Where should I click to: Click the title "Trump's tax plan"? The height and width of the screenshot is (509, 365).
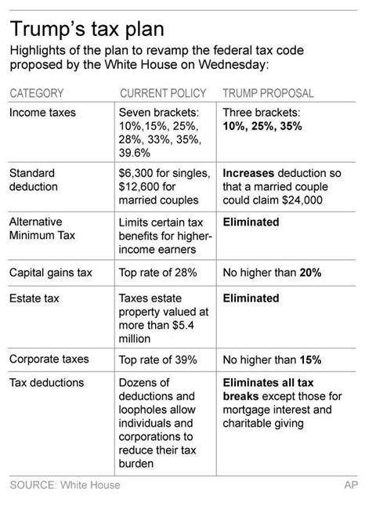click(x=87, y=30)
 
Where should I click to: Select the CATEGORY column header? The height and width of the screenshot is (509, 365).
click(x=37, y=93)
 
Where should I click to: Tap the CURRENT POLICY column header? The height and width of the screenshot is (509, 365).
click(x=163, y=93)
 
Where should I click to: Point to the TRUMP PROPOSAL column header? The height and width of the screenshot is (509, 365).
click(x=268, y=93)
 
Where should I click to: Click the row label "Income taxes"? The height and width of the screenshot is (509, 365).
click(x=42, y=113)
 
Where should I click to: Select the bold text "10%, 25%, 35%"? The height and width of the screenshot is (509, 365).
click(x=262, y=126)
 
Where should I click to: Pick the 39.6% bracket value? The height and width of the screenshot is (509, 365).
click(x=135, y=153)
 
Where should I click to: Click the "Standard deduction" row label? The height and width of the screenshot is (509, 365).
click(x=34, y=180)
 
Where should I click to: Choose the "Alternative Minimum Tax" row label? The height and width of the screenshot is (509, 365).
click(x=42, y=228)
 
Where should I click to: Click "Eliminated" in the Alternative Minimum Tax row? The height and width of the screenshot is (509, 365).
click(x=251, y=222)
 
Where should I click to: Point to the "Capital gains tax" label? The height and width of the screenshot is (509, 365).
click(x=51, y=273)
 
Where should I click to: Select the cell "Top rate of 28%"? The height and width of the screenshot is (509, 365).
click(x=157, y=273)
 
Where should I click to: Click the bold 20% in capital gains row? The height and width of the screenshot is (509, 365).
click(x=310, y=273)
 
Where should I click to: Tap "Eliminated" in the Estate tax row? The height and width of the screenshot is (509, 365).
click(x=251, y=298)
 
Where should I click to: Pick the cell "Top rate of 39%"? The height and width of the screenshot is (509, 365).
click(x=157, y=360)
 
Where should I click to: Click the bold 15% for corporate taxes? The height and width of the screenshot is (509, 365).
click(x=310, y=360)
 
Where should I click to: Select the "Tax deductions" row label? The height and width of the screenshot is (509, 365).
click(x=47, y=383)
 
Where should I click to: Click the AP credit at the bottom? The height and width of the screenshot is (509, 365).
click(x=351, y=485)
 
